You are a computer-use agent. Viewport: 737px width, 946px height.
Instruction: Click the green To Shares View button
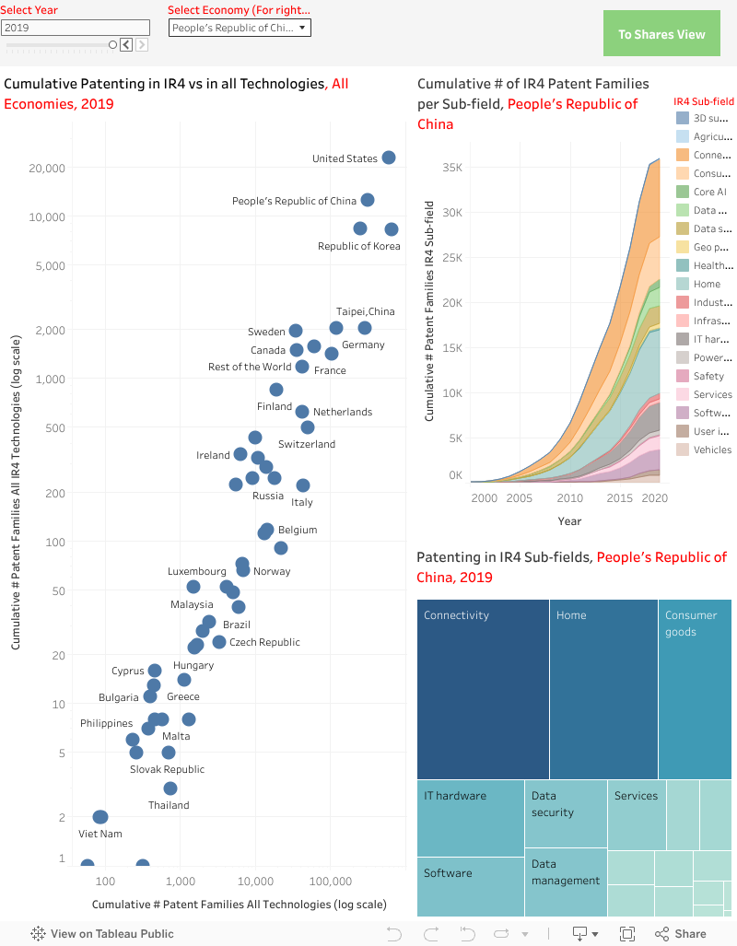661,34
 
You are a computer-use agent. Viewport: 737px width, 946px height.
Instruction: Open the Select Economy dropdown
240,28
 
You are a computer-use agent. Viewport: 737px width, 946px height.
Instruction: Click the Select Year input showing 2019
76,28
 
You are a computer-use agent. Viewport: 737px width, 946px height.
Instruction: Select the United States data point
389,158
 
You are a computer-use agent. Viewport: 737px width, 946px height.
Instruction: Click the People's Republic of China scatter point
368,200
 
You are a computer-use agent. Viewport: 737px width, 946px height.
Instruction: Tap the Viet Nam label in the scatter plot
100,834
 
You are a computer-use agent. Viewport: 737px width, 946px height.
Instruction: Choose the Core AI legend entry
709,192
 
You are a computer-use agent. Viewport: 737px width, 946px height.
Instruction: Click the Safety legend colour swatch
683,376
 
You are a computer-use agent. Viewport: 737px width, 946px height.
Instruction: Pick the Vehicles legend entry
712,450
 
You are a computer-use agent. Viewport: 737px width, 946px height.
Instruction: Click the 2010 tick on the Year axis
569,498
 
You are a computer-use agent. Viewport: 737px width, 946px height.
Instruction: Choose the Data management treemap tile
565,885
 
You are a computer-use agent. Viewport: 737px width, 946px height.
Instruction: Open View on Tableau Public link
102,933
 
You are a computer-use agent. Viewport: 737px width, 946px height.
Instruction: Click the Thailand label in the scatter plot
169,805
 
